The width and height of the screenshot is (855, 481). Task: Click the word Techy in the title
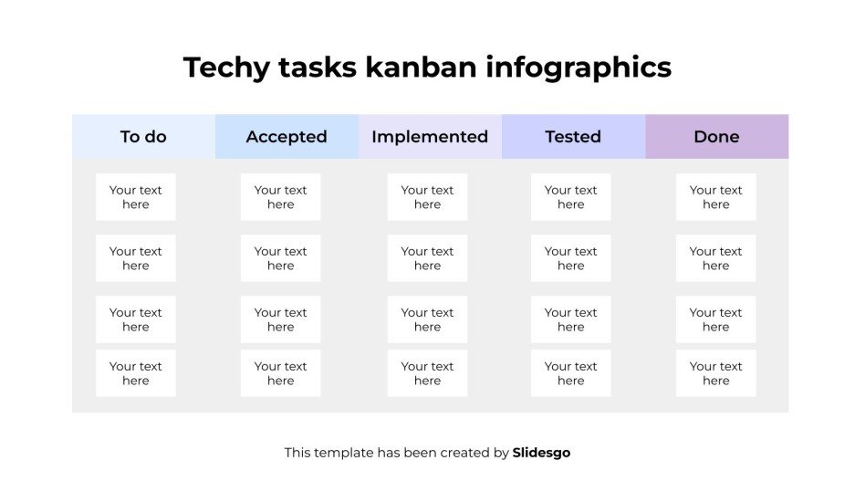click(223, 68)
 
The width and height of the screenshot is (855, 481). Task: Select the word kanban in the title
click(420, 68)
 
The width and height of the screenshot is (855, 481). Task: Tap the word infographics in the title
click(579, 68)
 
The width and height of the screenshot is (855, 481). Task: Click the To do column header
click(143, 137)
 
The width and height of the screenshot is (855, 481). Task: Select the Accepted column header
click(287, 137)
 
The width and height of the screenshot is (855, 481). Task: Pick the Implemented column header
click(430, 137)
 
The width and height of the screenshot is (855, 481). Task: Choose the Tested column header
click(573, 137)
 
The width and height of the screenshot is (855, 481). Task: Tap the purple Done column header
click(716, 137)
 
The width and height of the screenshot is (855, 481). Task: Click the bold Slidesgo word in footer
click(541, 453)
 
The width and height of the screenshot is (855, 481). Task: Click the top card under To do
click(136, 197)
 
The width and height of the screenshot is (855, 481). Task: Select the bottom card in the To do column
click(136, 373)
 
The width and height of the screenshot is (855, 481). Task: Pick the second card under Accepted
click(281, 258)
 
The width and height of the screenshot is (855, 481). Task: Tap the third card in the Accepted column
click(281, 319)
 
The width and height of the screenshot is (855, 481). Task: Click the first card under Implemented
click(427, 197)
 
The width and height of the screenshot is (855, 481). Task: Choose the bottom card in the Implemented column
click(427, 373)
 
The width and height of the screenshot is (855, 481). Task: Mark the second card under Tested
click(571, 258)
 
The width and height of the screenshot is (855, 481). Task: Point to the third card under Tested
click(571, 319)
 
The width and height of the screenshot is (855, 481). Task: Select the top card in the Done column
click(716, 197)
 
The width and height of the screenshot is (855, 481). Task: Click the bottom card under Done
click(716, 373)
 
